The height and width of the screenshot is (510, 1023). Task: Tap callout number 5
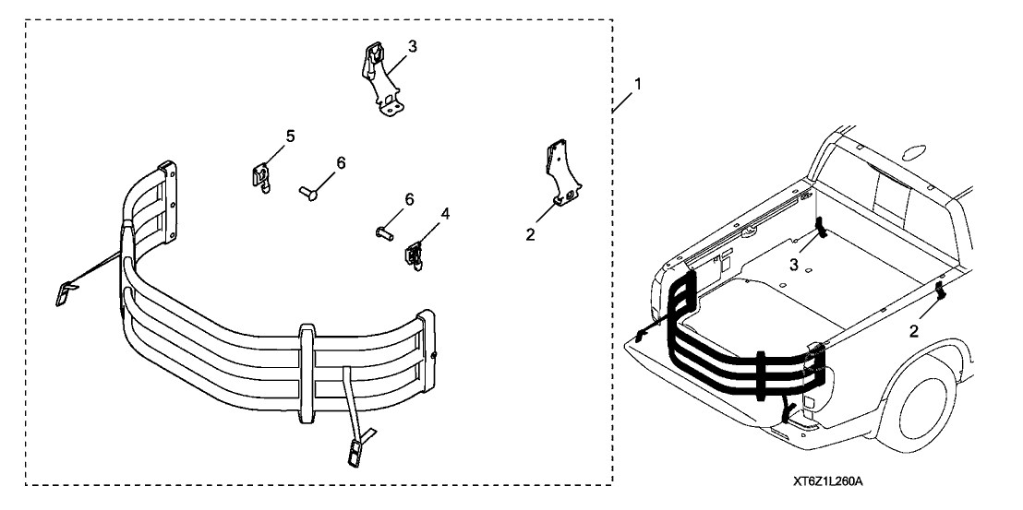[290, 136]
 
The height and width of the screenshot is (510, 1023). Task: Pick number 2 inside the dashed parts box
[530, 235]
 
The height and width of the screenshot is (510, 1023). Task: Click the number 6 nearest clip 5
[341, 163]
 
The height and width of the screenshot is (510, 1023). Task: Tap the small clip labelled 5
[262, 174]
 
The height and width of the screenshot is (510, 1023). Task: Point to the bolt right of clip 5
[307, 193]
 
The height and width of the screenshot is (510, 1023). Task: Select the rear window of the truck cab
[886, 199]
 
